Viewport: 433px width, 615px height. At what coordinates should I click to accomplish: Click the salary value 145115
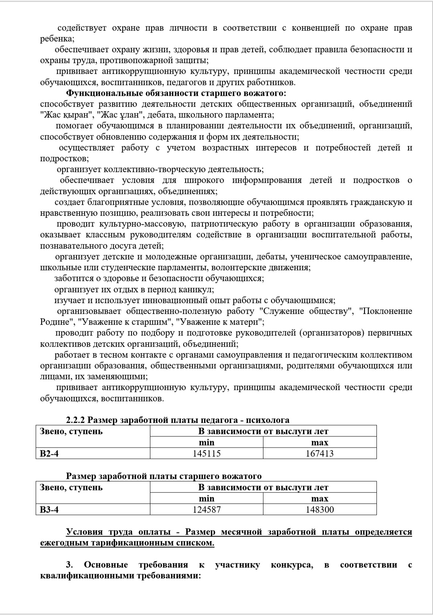coord(206,454)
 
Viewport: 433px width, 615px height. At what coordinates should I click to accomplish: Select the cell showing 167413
coord(320,454)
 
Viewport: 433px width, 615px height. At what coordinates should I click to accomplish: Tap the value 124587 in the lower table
coord(206,510)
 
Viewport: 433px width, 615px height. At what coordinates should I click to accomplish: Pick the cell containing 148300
coord(320,510)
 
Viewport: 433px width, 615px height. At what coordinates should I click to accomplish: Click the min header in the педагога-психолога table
coord(206,443)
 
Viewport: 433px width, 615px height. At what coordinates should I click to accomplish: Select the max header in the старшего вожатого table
coord(320,499)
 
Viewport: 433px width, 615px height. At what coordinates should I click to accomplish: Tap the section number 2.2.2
coord(75,420)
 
